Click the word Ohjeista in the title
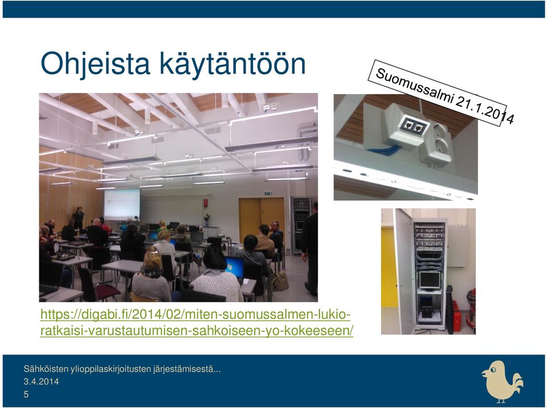click(95, 64)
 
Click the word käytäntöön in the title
click(232, 63)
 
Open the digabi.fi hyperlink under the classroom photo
click(197, 323)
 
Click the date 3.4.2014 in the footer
click(41, 381)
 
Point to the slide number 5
click(26, 394)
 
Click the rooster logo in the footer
click(503, 381)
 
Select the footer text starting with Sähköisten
click(122, 369)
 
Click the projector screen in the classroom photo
click(122, 204)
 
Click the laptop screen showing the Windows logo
click(234, 267)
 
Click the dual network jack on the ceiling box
click(413, 125)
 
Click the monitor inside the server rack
click(430, 280)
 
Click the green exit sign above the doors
click(268, 193)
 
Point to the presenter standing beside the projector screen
click(79, 218)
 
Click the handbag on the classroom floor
click(280, 280)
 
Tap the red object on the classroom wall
click(206, 203)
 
